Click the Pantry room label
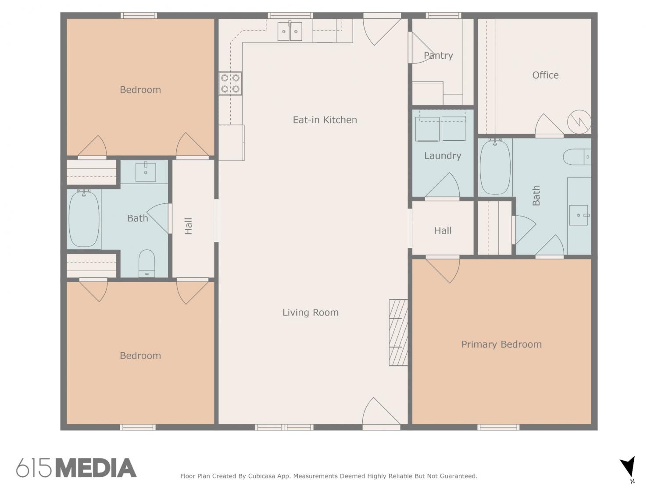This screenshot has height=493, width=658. coord(438,55)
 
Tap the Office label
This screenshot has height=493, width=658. coord(545,75)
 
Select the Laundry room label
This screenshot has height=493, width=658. coord(443,156)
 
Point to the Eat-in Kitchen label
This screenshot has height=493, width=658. coord(325,120)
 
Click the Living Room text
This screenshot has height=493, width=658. coord(310,312)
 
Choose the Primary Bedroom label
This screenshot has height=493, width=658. coord(501,344)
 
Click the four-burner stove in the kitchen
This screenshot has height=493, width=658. coord(230,83)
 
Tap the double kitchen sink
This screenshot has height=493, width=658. coord(290,31)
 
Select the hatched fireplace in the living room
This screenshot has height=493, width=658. coord(398,332)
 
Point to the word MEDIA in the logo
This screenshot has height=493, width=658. coord(96,468)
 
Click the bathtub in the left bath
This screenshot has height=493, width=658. coord(84,219)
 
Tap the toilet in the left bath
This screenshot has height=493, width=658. coord(147,263)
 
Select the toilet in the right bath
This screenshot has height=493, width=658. coord(577,157)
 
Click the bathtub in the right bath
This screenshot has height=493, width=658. coord(495,166)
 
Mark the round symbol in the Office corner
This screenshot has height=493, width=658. coord(579,122)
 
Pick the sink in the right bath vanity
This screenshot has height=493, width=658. coord(579,215)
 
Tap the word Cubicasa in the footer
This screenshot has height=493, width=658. coord(261,476)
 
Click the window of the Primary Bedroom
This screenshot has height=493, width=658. coord(498,427)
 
